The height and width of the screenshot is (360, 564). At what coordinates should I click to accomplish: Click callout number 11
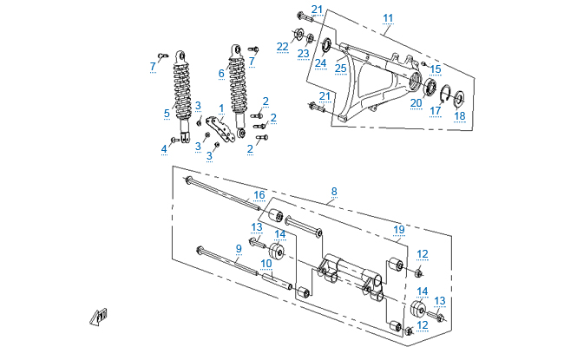click(x=388, y=18)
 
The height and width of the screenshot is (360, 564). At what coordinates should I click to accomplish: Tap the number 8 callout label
click(x=332, y=191)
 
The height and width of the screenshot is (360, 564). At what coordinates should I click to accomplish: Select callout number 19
click(x=399, y=229)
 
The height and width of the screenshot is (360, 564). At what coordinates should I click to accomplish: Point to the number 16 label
click(x=259, y=194)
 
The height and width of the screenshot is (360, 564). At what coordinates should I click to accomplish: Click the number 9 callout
click(x=239, y=248)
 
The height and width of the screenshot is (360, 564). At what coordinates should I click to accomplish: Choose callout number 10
click(x=266, y=262)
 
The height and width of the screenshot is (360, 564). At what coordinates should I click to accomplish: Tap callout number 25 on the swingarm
click(x=341, y=67)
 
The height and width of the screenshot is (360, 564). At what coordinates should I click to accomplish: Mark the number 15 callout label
click(x=436, y=69)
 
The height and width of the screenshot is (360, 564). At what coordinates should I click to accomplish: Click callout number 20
click(x=416, y=102)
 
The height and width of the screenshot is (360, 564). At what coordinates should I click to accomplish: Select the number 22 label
click(x=283, y=46)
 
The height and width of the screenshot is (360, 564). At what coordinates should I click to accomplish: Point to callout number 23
click(x=303, y=53)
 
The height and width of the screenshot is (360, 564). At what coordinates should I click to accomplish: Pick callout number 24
click(x=320, y=62)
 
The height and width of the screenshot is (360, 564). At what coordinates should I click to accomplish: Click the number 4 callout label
click(x=163, y=148)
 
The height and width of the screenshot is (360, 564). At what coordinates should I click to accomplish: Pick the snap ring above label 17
click(x=443, y=93)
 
